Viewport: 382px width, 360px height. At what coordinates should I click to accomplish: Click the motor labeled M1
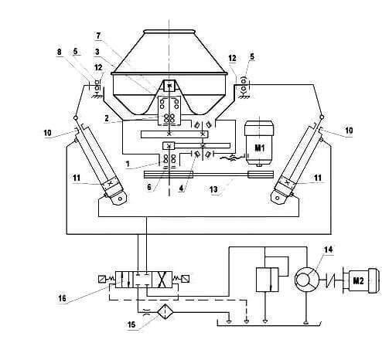point(259,143)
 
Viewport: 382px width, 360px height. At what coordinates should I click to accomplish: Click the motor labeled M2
point(361,280)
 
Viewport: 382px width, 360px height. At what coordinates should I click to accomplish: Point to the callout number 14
point(328,250)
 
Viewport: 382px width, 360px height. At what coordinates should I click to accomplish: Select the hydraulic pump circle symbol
point(307,280)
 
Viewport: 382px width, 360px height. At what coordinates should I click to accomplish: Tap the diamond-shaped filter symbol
point(164,312)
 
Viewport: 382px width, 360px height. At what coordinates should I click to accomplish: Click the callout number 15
point(131,324)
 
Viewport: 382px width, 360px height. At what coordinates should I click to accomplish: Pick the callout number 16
point(63,298)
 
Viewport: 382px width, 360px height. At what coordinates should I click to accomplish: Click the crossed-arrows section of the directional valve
point(162,280)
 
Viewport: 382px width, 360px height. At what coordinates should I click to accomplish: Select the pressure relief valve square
point(267,280)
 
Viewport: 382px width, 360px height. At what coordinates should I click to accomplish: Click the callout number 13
point(213,189)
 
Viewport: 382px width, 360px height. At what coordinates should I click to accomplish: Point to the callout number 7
point(98,36)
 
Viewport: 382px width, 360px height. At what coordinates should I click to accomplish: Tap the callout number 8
point(60,52)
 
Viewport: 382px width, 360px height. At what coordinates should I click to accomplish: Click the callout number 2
point(107,118)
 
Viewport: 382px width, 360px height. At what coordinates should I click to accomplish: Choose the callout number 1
point(128,164)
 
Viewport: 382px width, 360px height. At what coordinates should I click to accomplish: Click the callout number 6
point(149,187)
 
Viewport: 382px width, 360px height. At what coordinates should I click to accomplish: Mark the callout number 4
point(181,188)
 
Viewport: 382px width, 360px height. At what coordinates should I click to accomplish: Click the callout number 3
point(97,52)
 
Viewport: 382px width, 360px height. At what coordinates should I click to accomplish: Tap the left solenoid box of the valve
point(101,279)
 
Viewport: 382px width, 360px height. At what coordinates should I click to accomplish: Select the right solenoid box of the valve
point(186,279)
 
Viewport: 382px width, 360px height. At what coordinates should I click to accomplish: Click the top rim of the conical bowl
point(169,31)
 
